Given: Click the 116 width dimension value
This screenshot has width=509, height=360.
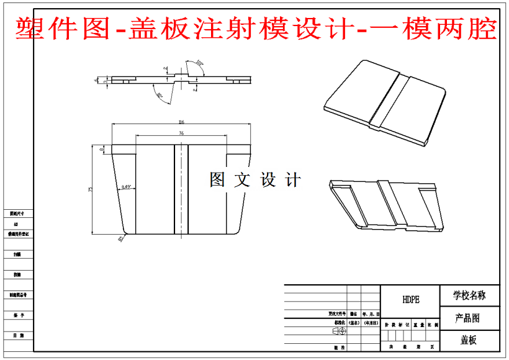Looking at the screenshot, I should pos(181,122).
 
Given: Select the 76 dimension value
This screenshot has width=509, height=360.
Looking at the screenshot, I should pos(181,133).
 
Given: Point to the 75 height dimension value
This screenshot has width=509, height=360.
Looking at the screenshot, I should pos(91,189).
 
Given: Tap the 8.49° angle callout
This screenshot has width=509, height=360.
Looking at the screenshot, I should pos(127,186).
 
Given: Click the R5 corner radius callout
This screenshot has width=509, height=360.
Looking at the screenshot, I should pos(120,238).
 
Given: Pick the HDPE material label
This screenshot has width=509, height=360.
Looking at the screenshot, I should pos(410,299).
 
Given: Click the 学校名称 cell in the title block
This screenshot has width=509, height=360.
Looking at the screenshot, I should pos(469,295).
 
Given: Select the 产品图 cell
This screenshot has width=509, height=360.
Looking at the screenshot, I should pos(469,318).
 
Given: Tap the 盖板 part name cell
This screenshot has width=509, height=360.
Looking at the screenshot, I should pos(469,340).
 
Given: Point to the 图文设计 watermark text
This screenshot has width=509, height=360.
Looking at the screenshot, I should pos(255,180).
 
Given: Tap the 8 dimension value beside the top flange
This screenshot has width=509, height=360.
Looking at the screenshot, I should pos(102,149).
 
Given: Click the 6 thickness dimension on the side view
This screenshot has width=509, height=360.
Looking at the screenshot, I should pos(96,80).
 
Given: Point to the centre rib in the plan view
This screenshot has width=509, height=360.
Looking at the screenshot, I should pos(181,189).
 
